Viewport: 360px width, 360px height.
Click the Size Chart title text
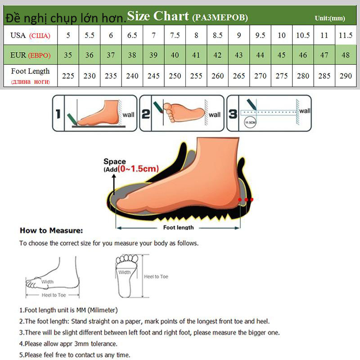coord(157,16)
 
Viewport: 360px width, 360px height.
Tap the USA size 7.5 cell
coord(175,35)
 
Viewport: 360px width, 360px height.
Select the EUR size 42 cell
coord(217,55)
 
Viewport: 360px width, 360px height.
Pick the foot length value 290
coord(346,76)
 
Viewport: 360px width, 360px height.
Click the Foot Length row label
coord(31,71)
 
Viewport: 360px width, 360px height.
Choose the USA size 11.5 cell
coord(346,35)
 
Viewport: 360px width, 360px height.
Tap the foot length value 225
coord(68,76)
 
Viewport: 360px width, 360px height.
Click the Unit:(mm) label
coord(329,18)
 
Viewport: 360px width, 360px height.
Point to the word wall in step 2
coord(215,115)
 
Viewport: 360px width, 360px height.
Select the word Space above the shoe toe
coord(114,162)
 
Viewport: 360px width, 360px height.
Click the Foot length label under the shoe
coord(178,227)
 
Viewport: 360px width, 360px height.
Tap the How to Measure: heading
coord(51,231)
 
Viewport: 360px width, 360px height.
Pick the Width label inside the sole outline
coord(125,272)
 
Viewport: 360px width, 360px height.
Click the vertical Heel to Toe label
coord(156,276)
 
